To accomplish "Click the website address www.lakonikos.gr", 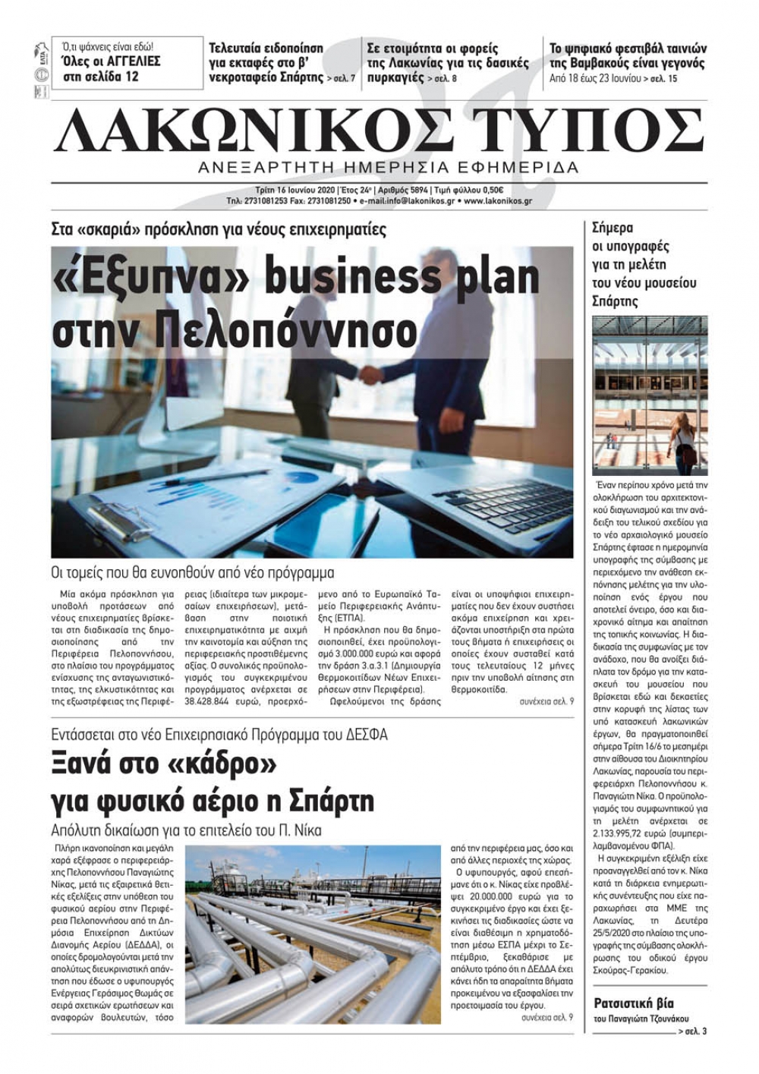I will pos(498,201).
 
